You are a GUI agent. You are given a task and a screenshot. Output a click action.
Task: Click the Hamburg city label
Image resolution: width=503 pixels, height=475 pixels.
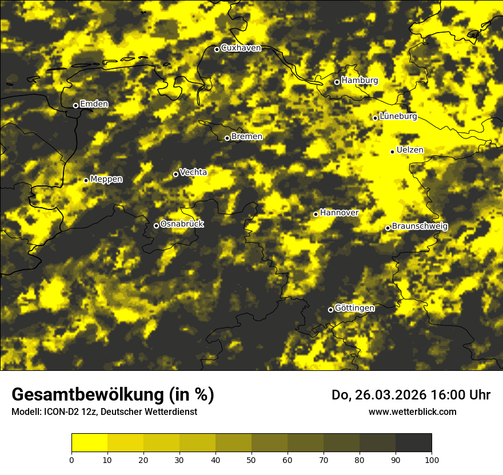click(x=360, y=81)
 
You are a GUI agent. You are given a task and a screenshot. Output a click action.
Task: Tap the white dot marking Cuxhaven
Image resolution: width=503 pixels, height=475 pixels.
click(x=217, y=49)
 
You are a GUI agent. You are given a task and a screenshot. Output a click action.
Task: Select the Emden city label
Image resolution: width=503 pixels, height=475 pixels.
click(x=94, y=104)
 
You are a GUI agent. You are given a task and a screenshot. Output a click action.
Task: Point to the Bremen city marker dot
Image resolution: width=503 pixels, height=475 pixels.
click(x=227, y=138)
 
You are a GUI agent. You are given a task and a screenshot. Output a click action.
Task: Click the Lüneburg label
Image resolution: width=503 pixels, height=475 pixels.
click(x=398, y=117)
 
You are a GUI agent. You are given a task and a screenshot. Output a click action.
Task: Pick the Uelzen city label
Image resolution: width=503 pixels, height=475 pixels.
click(x=410, y=151)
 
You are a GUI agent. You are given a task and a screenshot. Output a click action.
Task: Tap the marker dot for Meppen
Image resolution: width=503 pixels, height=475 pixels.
click(x=86, y=180)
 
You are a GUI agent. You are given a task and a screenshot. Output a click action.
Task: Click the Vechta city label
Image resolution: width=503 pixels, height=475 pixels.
click(x=193, y=172)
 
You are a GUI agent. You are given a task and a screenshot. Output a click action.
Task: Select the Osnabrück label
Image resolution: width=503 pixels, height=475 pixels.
click(x=182, y=224)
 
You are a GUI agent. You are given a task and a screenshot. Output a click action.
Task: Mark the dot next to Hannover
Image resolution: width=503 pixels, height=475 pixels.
click(x=316, y=214)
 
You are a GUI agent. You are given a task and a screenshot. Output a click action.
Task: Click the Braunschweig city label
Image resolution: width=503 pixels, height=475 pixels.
click(x=420, y=227)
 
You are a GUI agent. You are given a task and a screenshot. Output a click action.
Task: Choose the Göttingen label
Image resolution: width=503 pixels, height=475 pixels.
click(x=354, y=308)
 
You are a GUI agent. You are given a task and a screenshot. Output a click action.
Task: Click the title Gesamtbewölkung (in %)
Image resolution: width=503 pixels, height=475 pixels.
click(x=113, y=395)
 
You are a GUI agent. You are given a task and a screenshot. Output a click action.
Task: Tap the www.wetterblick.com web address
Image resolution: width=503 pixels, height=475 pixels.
click(x=412, y=411)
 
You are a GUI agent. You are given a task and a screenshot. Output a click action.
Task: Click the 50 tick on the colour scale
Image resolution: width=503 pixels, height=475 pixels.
click(x=251, y=459)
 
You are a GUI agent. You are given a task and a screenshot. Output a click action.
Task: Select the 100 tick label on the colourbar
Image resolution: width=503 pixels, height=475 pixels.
click(x=432, y=459)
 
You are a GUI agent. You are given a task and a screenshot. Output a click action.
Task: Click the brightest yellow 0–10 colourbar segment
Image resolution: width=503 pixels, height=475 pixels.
click(x=89, y=443)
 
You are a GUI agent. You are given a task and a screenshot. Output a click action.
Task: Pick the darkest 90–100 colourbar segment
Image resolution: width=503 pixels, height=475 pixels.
click(x=413, y=443)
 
